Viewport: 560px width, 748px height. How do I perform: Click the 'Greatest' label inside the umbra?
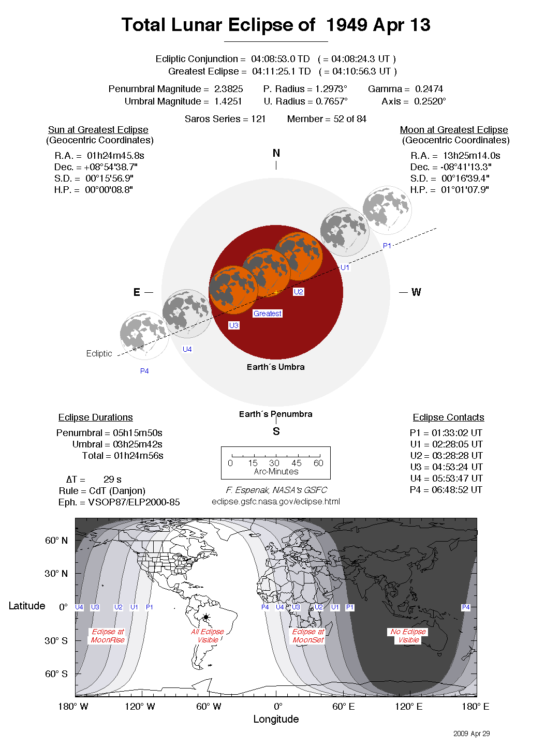pos(268,313)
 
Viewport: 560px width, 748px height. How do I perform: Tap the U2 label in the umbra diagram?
pos(299,292)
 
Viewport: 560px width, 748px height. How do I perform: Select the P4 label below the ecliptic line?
pos(144,371)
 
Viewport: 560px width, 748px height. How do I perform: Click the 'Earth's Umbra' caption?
pos(275,367)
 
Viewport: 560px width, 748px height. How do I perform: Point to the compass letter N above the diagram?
pos(276,153)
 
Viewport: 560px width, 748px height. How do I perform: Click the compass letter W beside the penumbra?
pos(416,292)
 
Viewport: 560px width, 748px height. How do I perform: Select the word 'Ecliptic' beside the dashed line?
pos(99,353)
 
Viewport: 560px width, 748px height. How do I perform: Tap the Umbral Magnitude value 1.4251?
pos(228,101)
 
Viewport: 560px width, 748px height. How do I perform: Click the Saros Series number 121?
pos(258,119)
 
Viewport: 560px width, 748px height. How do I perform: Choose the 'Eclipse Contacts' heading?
pos(448,417)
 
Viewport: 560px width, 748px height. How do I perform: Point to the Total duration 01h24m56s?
pos(139,456)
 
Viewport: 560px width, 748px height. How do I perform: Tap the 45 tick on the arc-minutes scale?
pos(297,463)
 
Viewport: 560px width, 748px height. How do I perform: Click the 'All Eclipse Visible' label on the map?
pos(208,636)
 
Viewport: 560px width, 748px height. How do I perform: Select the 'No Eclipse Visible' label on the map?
pos(408,636)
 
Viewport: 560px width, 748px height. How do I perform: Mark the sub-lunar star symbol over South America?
pos(206,617)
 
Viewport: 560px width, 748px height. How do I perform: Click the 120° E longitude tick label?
pos(409,707)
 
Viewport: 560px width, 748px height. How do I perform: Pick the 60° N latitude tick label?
pos(56,541)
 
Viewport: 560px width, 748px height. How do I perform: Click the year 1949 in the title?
pos(347,25)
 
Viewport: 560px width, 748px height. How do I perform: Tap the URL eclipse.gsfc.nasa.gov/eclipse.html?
pos(276,501)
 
